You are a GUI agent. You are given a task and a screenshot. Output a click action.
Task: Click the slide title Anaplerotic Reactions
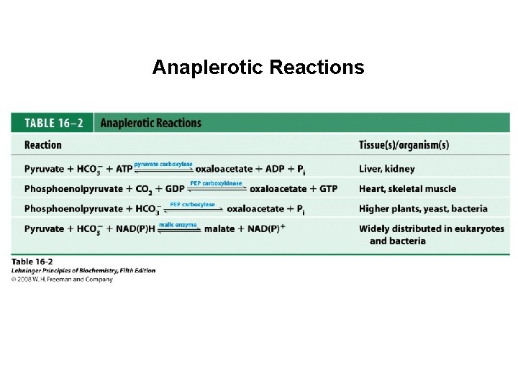(x=258, y=68)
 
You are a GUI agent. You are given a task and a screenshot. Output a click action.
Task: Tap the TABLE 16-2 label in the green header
(x=53, y=123)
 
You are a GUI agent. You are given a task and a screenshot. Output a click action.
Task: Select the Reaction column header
(x=43, y=145)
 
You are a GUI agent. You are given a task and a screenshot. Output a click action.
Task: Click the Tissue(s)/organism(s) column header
(x=404, y=145)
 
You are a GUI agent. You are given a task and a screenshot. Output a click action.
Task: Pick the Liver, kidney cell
(x=386, y=169)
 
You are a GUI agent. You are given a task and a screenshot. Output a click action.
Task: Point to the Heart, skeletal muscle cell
(x=407, y=189)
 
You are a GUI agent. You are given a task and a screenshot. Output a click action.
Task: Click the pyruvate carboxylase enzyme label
(x=163, y=164)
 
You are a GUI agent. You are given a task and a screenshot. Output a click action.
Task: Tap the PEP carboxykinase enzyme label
(x=216, y=184)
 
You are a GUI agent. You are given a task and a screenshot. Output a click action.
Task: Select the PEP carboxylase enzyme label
(x=192, y=204)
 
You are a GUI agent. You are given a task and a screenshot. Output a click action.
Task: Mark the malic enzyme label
(x=178, y=225)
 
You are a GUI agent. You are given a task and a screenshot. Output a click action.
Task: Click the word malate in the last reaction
(x=219, y=230)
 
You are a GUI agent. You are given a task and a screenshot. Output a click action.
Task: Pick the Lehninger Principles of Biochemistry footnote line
(x=83, y=271)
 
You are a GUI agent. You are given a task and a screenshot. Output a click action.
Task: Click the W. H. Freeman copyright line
(x=63, y=280)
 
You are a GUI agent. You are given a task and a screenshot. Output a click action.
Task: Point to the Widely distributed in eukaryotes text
(x=431, y=229)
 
